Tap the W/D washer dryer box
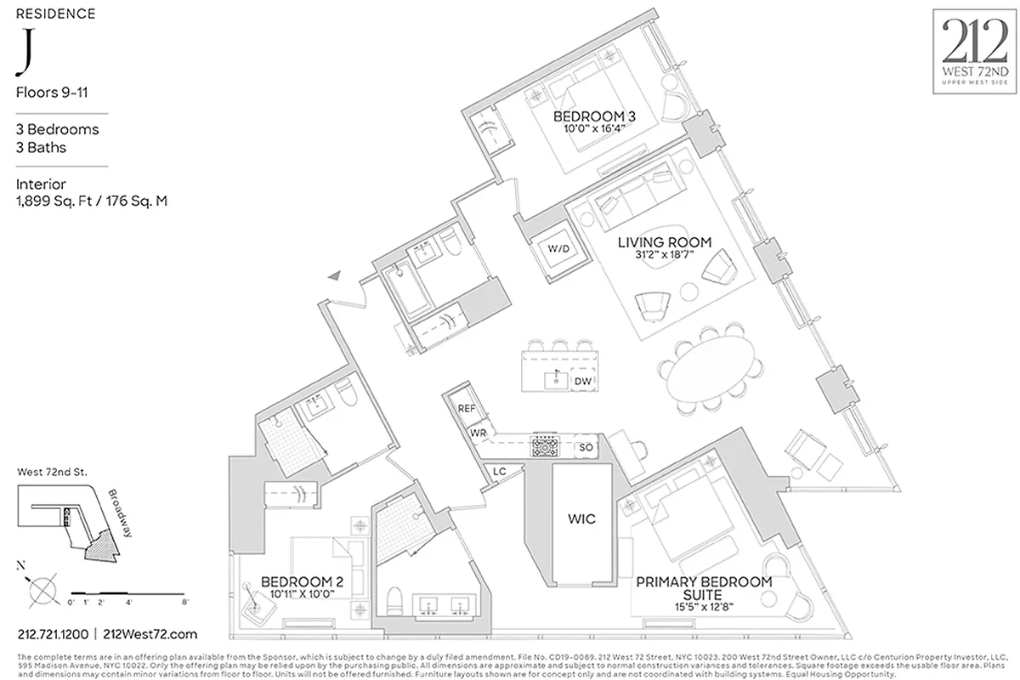[x=558, y=250]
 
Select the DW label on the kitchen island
[x=582, y=382]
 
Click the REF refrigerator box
[x=466, y=409]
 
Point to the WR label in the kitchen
[x=479, y=433]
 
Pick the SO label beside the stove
[x=585, y=447]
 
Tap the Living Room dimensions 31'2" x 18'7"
[x=664, y=258]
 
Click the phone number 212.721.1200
[x=53, y=634]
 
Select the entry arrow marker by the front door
[x=337, y=275]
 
